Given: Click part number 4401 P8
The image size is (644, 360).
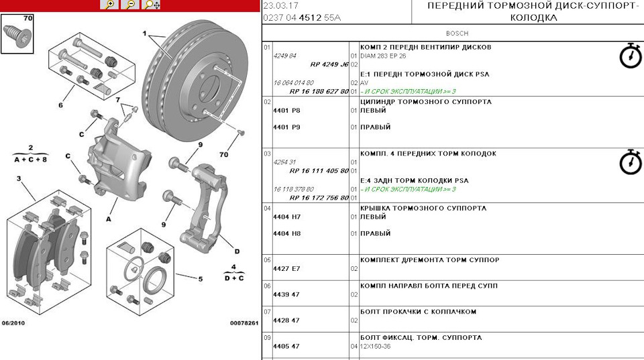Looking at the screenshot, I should click(286, 111).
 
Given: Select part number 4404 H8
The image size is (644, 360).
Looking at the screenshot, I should click(286, 233).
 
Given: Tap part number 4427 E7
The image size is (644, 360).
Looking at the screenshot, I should click(286, 269).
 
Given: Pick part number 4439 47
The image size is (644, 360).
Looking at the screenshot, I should click(286, 294).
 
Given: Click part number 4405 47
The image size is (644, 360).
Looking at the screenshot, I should click(286, 347).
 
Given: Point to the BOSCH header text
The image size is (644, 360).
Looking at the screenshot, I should click(457, 33).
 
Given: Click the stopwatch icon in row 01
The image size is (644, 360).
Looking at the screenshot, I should click(630, 56).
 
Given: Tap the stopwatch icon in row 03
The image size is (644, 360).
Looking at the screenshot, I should click(630, 162).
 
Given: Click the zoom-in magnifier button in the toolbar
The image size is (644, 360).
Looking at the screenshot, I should click(109, 5).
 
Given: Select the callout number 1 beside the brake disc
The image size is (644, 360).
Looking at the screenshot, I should click(144, 33).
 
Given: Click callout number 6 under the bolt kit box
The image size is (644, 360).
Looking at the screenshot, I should click(60, 105).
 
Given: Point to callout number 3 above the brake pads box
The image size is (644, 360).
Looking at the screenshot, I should click(19, 178).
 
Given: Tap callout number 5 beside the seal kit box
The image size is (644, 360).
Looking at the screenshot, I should click(199, 279).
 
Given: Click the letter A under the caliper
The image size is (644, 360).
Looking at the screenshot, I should click(107, 218).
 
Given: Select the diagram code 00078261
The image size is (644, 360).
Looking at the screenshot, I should click(244, 323).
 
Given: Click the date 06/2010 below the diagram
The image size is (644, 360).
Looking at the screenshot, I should click(15, 323).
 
